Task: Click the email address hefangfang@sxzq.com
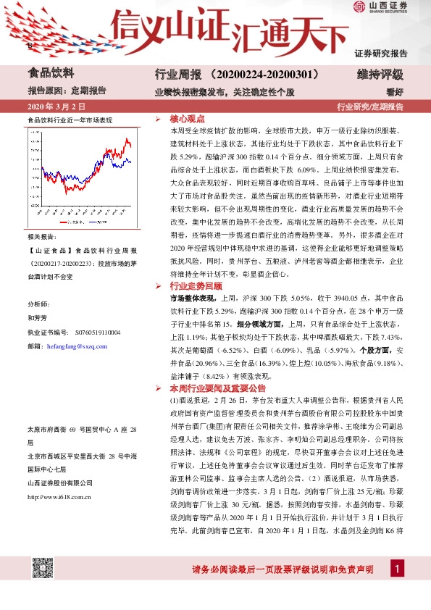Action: (77, 346)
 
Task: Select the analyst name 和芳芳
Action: (37, 317)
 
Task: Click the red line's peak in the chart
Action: (127, 138)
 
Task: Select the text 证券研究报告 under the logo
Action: (381, 53)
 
